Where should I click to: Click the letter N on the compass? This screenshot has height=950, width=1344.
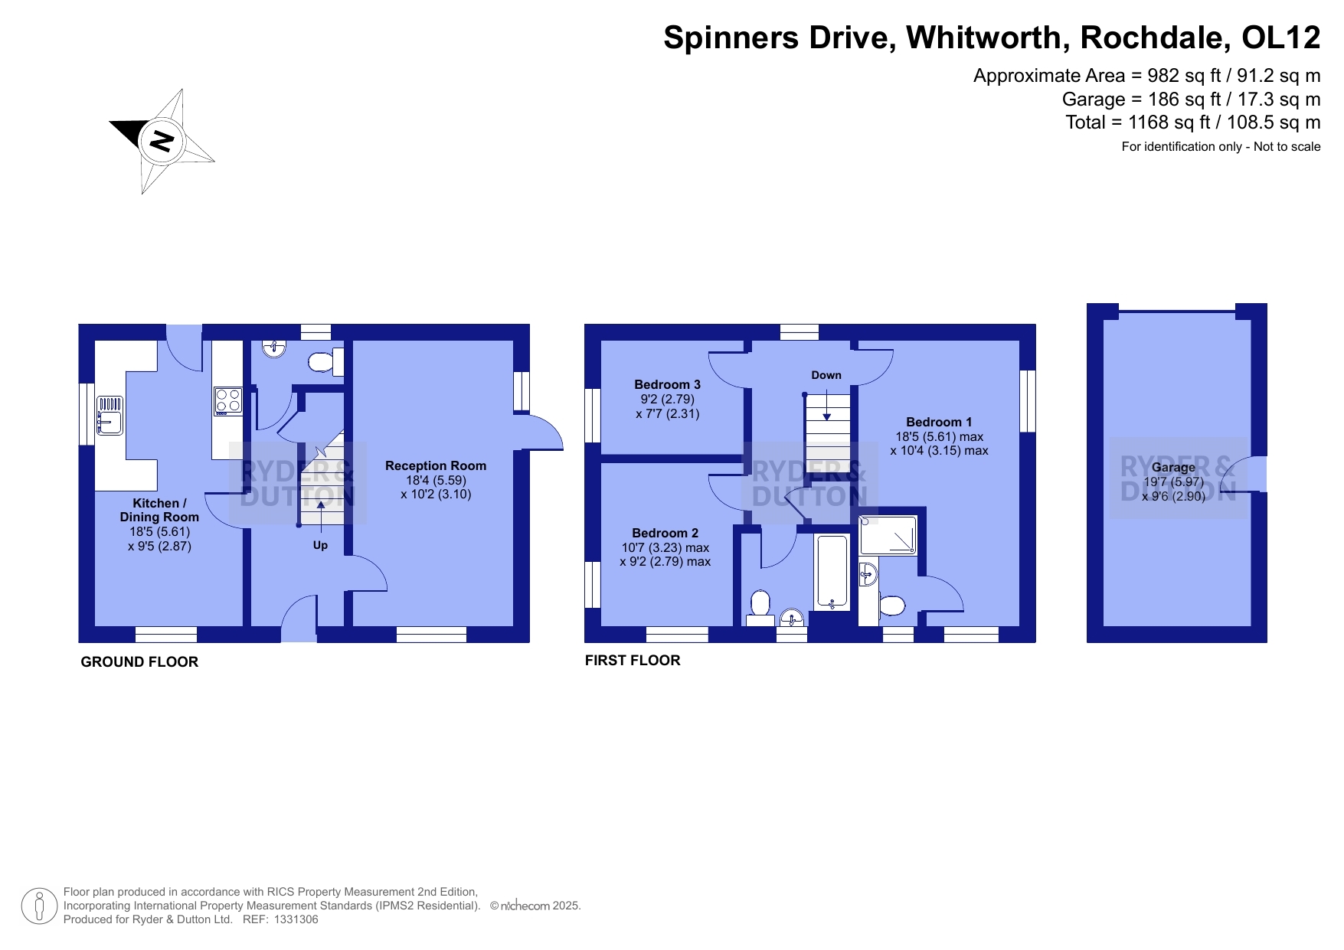point(162,141)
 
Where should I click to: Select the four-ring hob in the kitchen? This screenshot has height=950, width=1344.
point(227,400)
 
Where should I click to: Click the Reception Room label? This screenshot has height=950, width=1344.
point(436,465)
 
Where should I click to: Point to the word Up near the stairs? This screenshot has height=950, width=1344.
point(320,545)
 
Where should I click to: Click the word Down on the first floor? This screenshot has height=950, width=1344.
point(826,375)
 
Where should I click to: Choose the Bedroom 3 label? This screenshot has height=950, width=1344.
point(667,384)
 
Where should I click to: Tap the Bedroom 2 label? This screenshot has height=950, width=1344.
point(665,533)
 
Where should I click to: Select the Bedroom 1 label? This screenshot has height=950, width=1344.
point(939,422)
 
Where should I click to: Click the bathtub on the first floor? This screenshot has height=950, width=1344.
point(832,572)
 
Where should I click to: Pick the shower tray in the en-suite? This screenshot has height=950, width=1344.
point(888,535)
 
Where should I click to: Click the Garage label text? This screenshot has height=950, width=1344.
point(1173,467)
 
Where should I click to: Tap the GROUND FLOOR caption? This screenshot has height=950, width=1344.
point(139,662)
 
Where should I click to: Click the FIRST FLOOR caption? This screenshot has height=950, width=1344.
point(633,660)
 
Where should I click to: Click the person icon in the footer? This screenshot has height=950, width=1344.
point(39,906)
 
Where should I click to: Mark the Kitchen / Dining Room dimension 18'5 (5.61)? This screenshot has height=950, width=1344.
point(159,531)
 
